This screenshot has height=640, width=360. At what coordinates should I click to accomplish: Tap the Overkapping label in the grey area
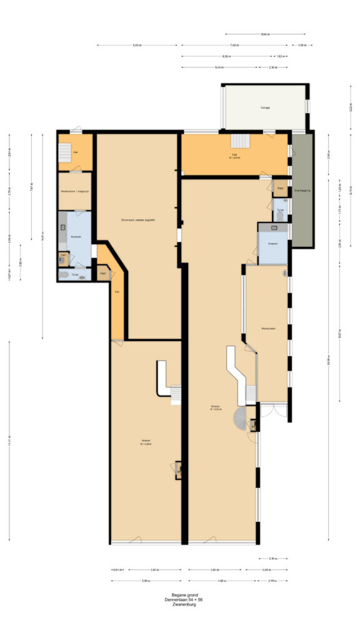pyautogui.click(x=302, y=191)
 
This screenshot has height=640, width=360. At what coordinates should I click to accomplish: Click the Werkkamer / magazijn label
pyautogui.click(x=75, y=191)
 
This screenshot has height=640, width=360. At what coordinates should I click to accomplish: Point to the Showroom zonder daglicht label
pyautogui.click(x=138, y=220)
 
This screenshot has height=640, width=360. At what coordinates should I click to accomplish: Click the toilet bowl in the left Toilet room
pyautogui.click(x=64, y=274)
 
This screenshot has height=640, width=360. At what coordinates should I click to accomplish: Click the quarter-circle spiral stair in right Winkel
pyautogui.click(x=241, y=416)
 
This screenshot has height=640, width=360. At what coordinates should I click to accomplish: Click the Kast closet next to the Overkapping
pyautogui.click(x=281, y=187)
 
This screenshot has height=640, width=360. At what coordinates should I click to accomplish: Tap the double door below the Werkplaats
pyautogui.click(x=273, y=411)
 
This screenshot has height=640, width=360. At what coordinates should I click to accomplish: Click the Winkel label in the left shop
pyautogui.click(x=146, y=441)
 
